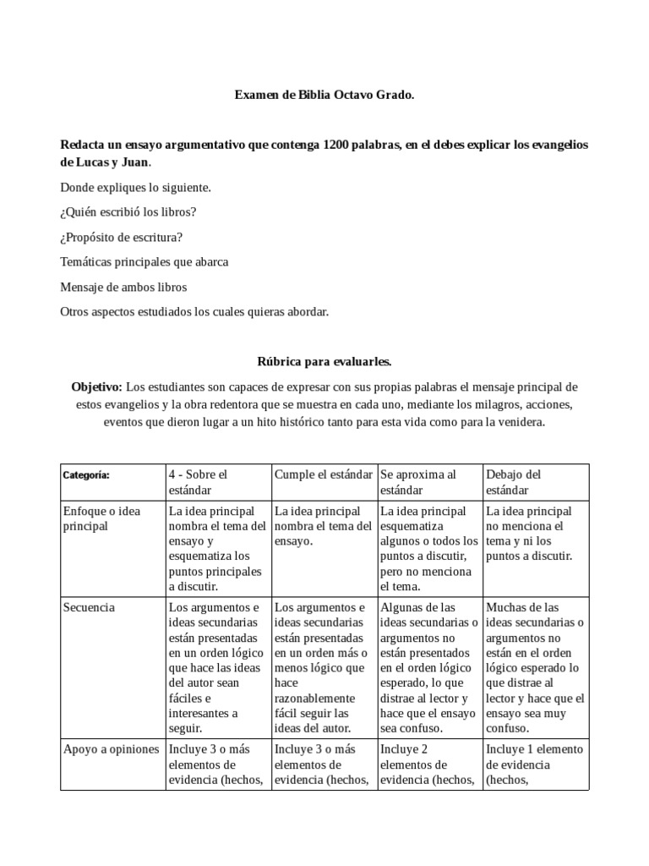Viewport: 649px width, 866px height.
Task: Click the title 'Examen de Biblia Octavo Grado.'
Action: (x=324, y=96)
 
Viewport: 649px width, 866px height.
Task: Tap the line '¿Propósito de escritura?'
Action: (x=122, y=237)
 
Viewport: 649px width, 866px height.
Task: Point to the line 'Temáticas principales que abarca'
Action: (x=145, y=262)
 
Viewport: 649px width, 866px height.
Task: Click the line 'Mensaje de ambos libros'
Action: (x=123, y=287)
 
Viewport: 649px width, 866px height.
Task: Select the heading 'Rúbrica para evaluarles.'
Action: (x=324, y=361)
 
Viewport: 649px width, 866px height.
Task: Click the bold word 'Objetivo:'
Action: (x=97, y=386)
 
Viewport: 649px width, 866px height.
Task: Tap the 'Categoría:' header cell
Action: (x=86, y=475)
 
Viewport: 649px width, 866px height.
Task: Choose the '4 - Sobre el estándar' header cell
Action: (x=198, y=482)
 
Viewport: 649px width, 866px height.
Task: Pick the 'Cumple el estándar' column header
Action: (x=323, y=474)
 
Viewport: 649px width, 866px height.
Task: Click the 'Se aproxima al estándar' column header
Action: (x=418, y=482)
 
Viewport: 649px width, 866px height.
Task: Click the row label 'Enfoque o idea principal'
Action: (x=102, y=518)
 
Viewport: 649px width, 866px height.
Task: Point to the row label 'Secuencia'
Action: (x=90, y=607)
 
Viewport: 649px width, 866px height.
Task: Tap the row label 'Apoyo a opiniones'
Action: (x=111, y=749)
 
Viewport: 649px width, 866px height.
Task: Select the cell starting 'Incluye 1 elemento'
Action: (x=534, y=765)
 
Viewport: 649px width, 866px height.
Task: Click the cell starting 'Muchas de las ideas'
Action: (x=534, y=667)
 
